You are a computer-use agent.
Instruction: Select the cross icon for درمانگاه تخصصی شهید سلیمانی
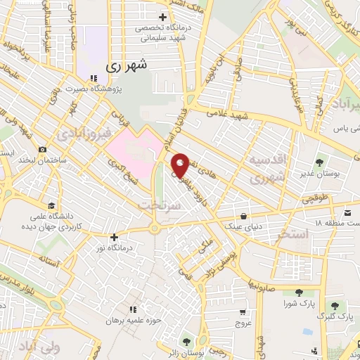click(x=163, y=16)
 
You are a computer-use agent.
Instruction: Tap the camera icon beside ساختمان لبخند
click(x=43, y=149)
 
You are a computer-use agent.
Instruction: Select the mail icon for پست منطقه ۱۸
click(x=347, y=211)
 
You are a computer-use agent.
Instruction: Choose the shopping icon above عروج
click(x=243, y=312)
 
